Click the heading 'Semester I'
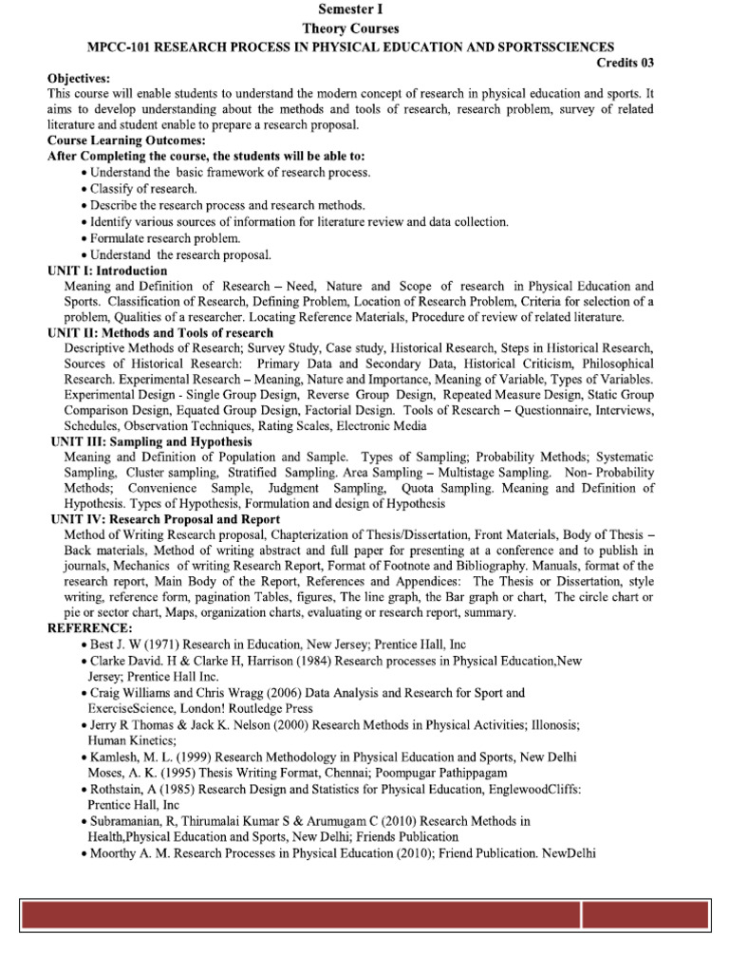pos(364,10)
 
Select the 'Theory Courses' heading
pos(364,28)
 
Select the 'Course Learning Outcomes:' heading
pos(121,140)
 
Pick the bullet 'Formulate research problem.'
pos(164,238)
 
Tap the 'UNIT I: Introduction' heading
pos(107,271)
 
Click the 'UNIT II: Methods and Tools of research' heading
pos(160,333)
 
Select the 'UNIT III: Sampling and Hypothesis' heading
pos(152,441)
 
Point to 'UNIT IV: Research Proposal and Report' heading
pos(165,519)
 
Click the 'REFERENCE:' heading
pos(91,628)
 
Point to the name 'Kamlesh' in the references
pos(117,757)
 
